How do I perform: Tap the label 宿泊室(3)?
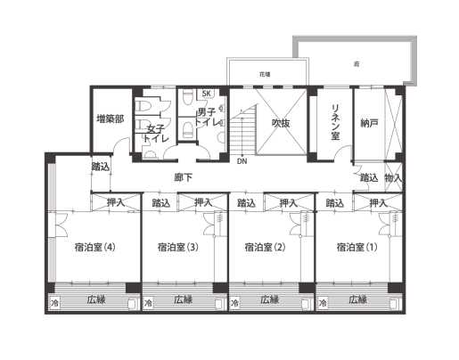click(176, 248)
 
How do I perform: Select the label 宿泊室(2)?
click(263, 248)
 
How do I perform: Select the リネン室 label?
click(334, 121)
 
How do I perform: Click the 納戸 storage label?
click(370, 121)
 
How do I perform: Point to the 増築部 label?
click(111, 117)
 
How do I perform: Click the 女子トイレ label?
click(157, 135)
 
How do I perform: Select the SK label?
click(207, 94)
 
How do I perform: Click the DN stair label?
click(242, 161)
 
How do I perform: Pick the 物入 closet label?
click(394, 178)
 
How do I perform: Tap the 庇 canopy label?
click(356, 64)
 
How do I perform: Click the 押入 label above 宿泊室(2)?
click(288, 203)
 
